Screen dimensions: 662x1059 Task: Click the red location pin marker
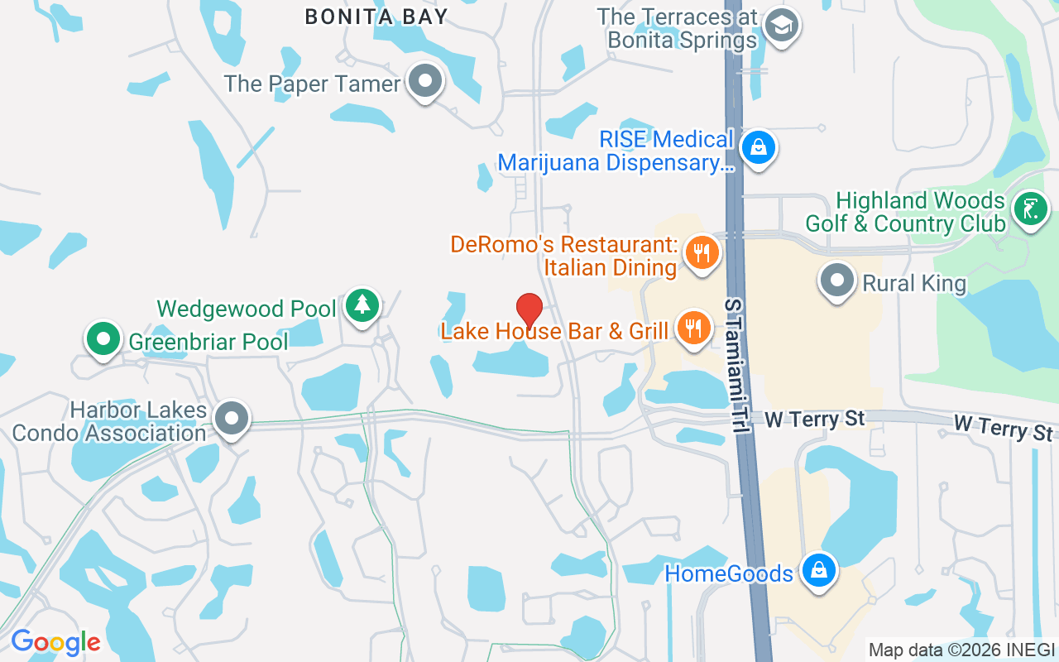point(529,310)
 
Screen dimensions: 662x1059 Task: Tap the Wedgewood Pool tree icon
point(362,305)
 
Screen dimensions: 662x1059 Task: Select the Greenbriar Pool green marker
point(103,338)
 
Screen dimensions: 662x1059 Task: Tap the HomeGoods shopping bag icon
point(818,570)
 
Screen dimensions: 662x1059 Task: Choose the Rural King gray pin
point(836,280)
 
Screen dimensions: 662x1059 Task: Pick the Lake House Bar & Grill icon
point(694,329)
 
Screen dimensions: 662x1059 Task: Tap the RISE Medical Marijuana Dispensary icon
point(757,148)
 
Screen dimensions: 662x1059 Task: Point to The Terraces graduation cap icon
point(780,25)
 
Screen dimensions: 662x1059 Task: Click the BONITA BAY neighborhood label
point(376,16)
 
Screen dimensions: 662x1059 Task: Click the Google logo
point(55,642)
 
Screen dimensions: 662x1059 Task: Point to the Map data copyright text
point(961,650)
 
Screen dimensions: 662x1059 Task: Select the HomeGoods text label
point(729,573)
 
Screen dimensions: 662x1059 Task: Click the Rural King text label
point(914,284)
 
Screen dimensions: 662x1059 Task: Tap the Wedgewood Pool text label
point(247,309)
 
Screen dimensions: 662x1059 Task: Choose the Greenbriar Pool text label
point(208,341)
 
